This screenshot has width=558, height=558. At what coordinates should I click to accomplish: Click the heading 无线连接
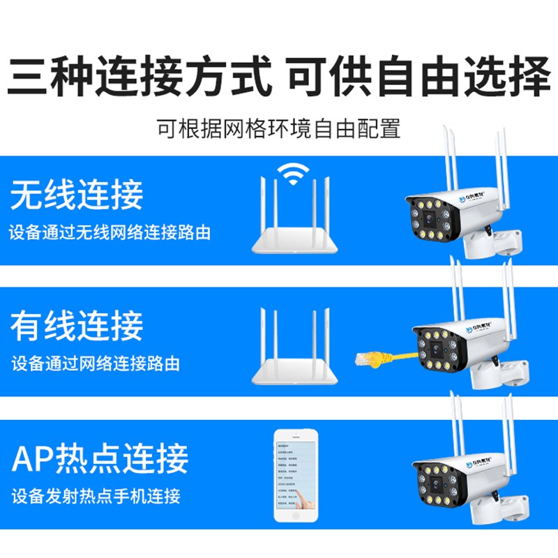tap(77, 195)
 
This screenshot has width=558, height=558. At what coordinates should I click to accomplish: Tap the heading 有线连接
tap(77, 326)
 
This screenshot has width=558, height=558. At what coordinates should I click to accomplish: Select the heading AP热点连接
tap(100, 458)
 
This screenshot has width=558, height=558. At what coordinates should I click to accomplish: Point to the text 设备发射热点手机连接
tap(96, 497)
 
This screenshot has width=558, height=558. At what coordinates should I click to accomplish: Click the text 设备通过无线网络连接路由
tap(110, 232)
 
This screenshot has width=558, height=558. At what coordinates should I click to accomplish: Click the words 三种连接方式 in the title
tap(139, 77)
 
